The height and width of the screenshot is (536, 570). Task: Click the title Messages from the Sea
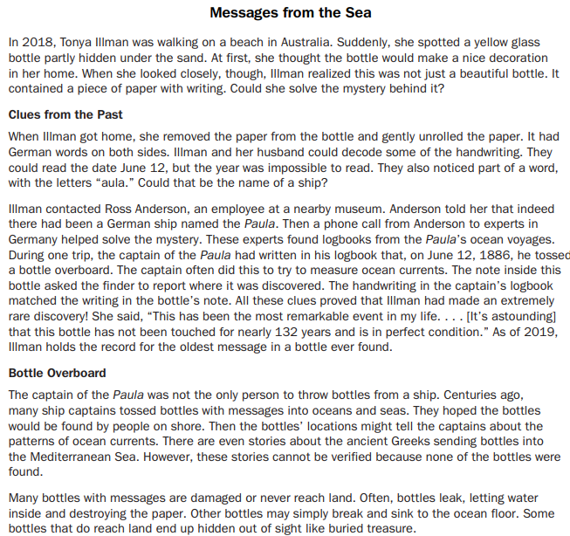291,13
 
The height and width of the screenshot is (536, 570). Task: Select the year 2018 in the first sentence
32,42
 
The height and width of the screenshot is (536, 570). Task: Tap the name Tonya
75,42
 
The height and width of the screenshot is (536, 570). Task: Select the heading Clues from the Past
65,115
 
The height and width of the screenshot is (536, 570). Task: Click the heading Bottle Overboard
58,373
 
